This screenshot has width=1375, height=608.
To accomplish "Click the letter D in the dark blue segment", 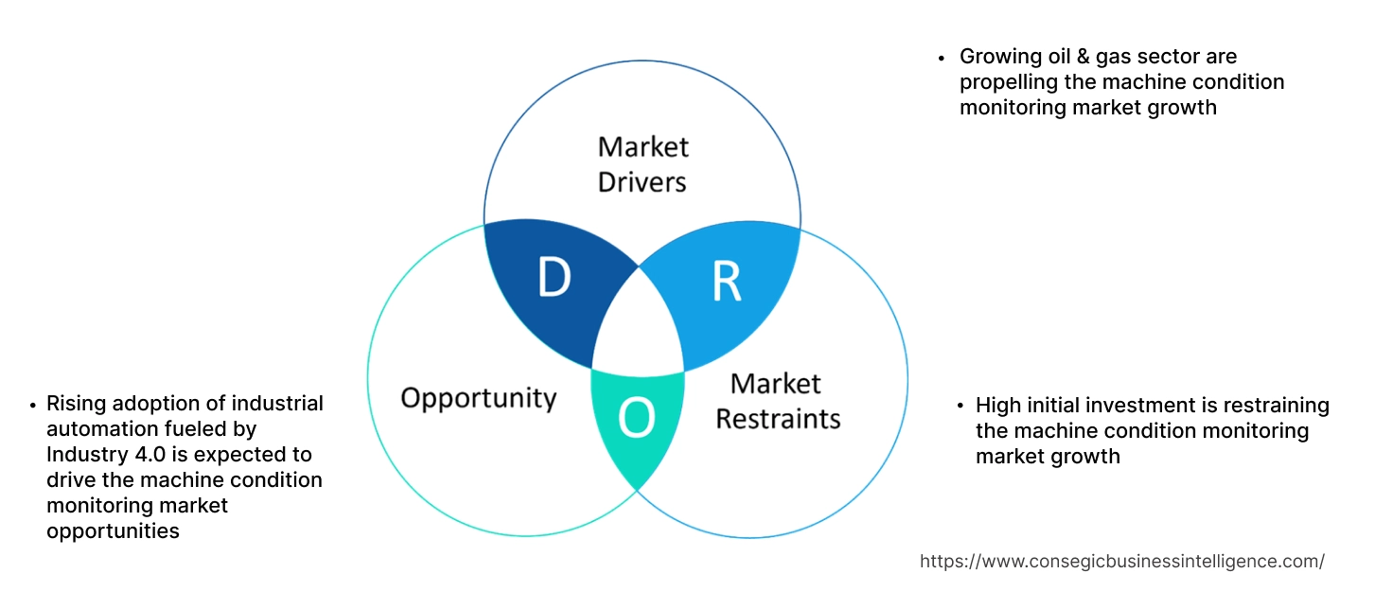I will [x=555, y=278].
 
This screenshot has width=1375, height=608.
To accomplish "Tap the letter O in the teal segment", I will [x=636, y=418].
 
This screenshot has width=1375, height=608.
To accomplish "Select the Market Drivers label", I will [x=643, y=164].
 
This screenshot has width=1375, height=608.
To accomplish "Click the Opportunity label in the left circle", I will [x=478, y=397].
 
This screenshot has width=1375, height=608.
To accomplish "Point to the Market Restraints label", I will [x=777, y=401].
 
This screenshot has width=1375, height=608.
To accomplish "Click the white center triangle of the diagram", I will [x=640, y=326].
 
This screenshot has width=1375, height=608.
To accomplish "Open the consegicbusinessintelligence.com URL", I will [x=1121, y=561].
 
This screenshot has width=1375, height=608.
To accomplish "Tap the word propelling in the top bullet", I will [x=1004, y=82].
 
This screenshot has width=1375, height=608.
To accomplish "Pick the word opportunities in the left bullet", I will [x=113, y=530].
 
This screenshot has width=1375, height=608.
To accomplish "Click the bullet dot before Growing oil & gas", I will [x=941, y=58].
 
